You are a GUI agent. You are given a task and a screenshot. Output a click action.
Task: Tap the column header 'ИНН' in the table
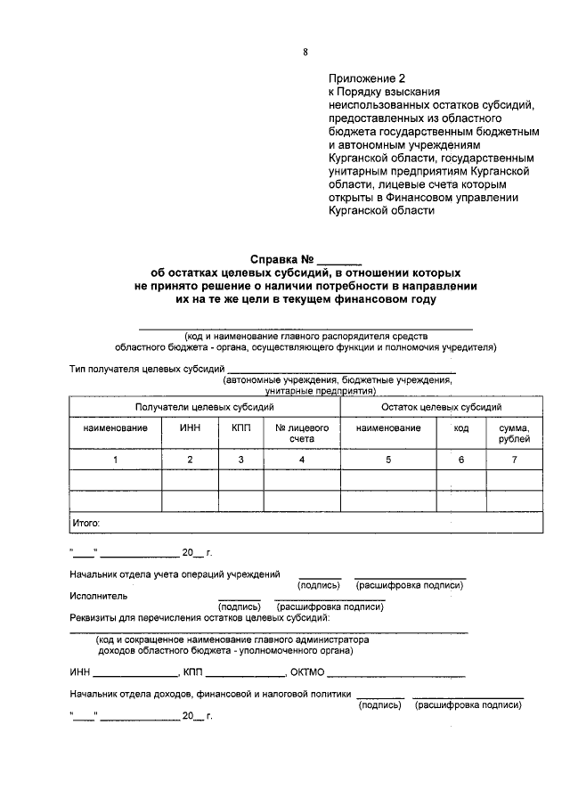coord(190,428)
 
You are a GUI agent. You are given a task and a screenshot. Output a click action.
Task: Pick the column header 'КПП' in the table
coord(240,428)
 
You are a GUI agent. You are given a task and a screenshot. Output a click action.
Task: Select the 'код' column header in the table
coord(460,428)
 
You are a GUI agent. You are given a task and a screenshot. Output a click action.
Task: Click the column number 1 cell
coord(115,460)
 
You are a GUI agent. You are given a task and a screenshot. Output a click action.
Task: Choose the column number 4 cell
coord(302,460)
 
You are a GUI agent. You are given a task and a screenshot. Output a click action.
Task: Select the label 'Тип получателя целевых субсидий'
coord(146,369)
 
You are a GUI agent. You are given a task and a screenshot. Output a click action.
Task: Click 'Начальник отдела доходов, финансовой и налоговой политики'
coord(209,694)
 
